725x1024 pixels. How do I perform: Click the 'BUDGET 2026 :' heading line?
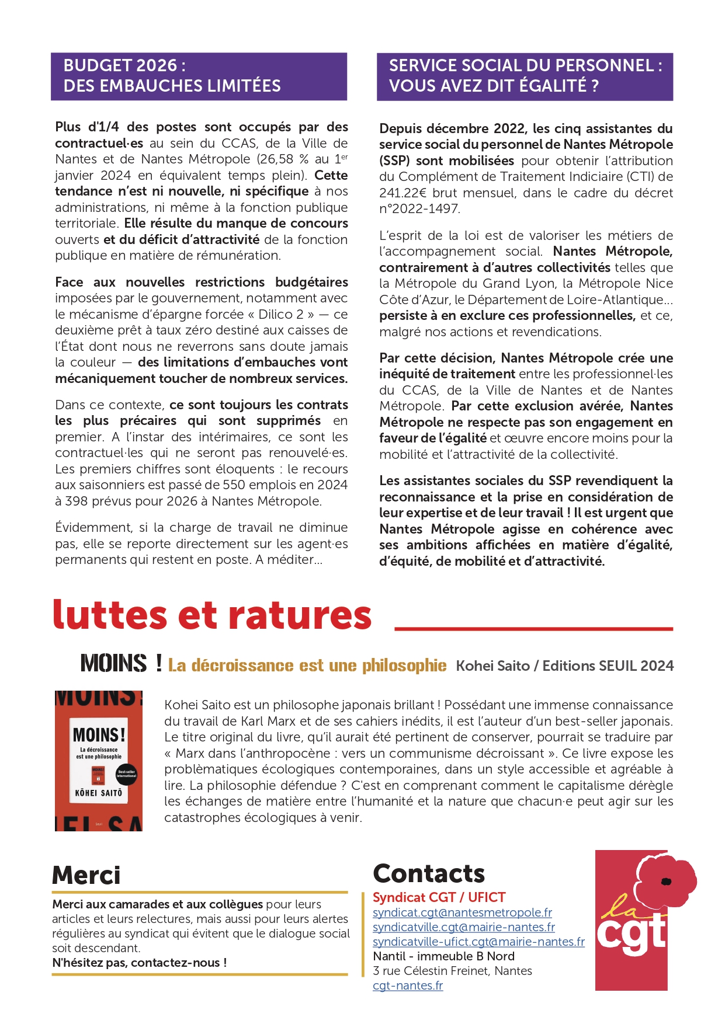[x=124, y=65]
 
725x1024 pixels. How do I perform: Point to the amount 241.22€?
[x=403, y=193]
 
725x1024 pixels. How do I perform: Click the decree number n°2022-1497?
[x=419, y=209]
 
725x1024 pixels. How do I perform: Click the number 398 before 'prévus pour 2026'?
[x=77, y=501]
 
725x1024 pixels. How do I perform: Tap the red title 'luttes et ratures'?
[x=212, y=615]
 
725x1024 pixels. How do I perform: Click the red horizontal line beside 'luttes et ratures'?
[x=533, y=629]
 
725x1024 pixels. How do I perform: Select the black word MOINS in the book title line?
[x=113, y=664]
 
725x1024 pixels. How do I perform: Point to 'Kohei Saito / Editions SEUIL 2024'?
[x=564, y=666]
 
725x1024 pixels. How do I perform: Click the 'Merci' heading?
[x=86, y=875]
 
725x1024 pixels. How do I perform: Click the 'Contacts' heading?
[x=429, y=874]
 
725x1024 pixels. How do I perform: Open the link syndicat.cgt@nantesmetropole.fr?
[x=462, y=912]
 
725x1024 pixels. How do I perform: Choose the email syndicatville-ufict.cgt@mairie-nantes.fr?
[x=478, y=942]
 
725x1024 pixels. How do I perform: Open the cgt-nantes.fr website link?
[x=408, y=986]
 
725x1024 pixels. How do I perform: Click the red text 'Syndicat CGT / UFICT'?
[x=439, y=897]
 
